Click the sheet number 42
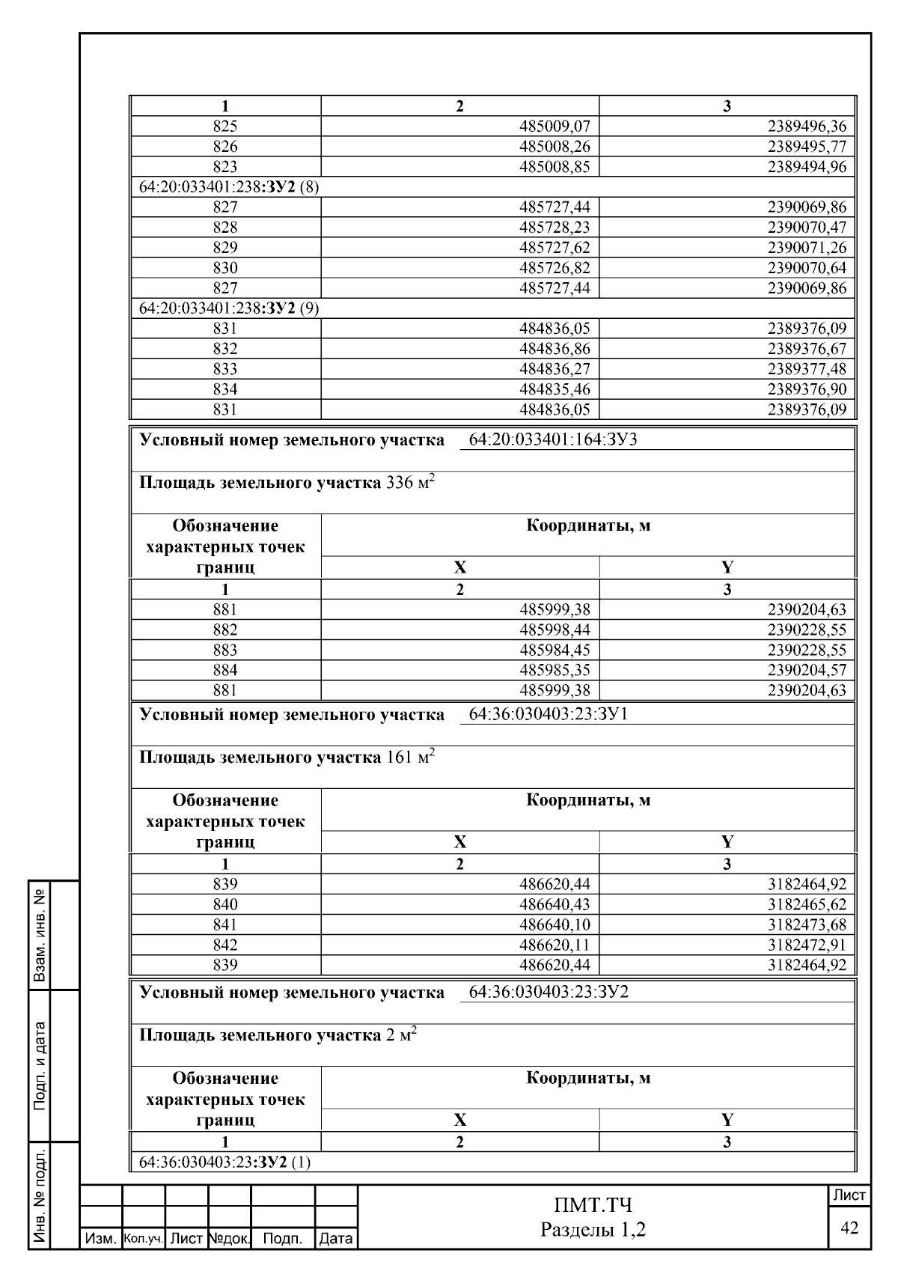(x=849, y=1228)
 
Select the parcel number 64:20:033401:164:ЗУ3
(x=552, y=439)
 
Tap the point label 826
(x=225, y=147)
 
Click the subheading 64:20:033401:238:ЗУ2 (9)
(x=229, y=308)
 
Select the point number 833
(x=225, y=369)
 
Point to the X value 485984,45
(x=555, y=650)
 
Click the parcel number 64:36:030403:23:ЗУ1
(x=548, y=714)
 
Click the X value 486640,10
(x=555, y=924)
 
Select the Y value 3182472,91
(x=807, y=945)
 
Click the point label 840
(x=225, y=904)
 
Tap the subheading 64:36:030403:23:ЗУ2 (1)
(x=225, y=1162)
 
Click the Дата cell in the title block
(x=335, y=1239)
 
